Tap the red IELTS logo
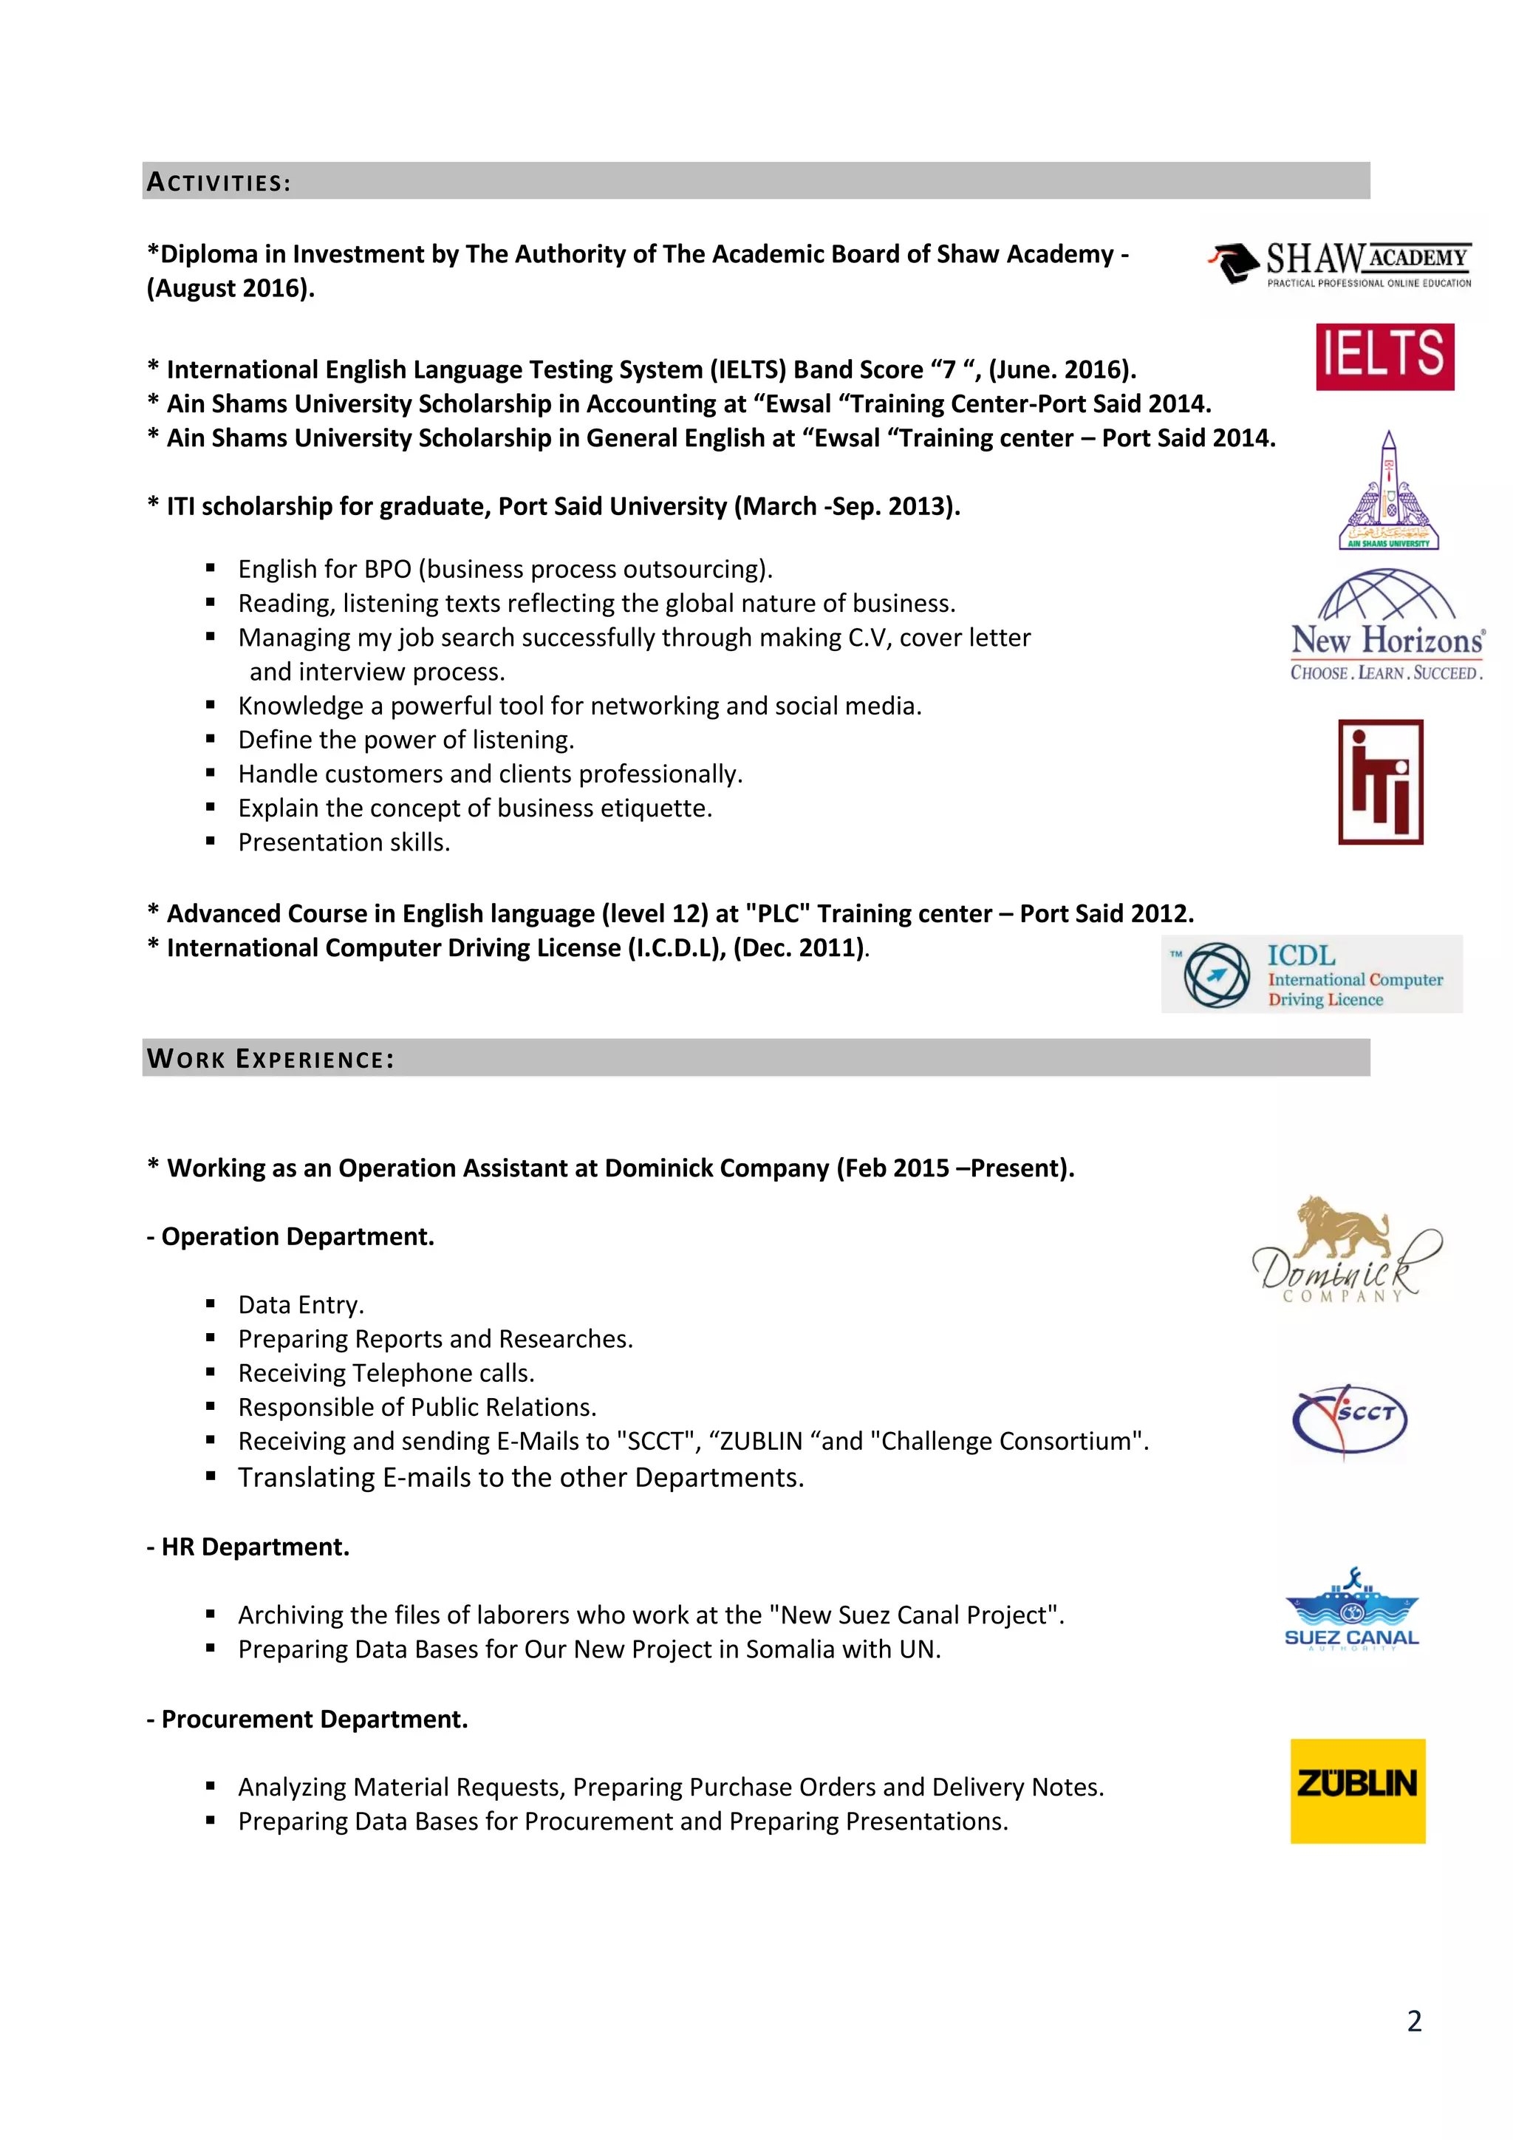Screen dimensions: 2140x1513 (1384, 357)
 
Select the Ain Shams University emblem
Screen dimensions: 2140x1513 (1388, 491)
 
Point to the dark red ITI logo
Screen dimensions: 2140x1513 (1380, 782)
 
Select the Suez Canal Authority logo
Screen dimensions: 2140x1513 (1351, 1609)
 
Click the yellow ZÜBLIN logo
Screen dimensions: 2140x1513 (1357, 1790)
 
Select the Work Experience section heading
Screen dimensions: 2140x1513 (270, 1059)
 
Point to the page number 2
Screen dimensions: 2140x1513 (1413, 2021)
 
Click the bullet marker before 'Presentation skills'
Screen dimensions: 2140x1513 (211, 842)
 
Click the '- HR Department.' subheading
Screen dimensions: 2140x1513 (247, 1547)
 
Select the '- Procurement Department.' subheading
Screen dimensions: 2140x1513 (307, 1719)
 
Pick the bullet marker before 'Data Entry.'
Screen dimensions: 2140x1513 (211, 1304)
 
